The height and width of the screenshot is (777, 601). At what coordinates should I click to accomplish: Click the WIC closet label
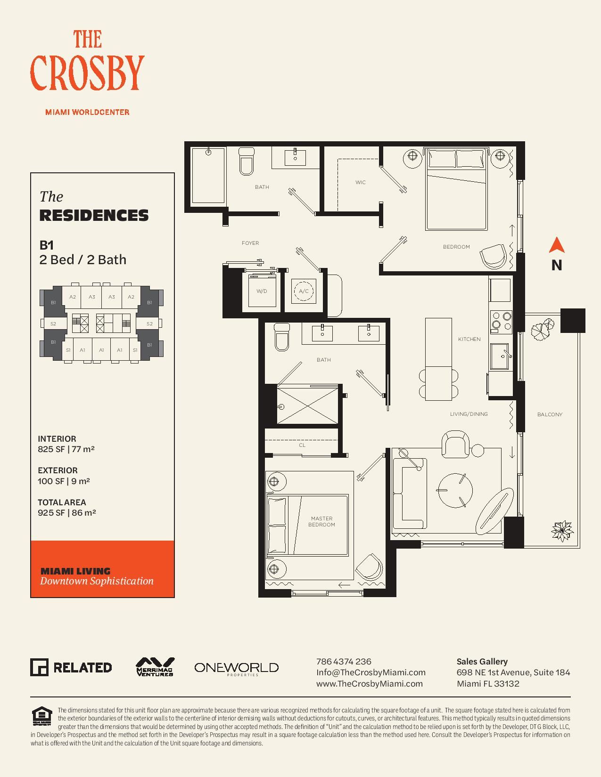(361, 182)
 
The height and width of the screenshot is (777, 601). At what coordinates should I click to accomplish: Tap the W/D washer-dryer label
(262, 291)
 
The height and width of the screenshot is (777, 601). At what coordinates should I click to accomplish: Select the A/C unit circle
(304, 291)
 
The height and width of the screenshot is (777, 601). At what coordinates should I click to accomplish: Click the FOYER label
(250, 243)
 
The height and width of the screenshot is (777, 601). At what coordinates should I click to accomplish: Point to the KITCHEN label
(469, 339)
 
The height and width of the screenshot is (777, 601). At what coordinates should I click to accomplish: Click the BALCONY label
(550, 414)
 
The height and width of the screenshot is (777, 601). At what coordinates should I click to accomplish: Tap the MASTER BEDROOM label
(322, 521)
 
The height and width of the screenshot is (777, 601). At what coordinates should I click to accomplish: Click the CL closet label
(302, 445)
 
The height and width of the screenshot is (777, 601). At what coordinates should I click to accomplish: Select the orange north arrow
(557, 245)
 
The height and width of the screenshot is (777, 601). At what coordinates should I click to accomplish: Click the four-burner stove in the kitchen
(501, 321)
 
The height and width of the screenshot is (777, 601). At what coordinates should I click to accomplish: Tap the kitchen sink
(500, 356)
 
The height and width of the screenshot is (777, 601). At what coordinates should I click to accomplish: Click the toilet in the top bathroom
(246, 161)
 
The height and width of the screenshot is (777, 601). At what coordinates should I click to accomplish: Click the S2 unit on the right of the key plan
(149, 324)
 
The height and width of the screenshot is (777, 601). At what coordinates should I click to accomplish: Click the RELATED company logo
(71, 667)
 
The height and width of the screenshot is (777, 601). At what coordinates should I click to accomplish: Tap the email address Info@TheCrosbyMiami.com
(371, 672)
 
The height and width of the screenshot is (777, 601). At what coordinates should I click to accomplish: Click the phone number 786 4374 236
(344, 661)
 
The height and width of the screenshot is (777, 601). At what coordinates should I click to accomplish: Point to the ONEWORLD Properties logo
(236, 668)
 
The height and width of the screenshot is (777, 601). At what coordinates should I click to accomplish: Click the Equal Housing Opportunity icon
(42, 716)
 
